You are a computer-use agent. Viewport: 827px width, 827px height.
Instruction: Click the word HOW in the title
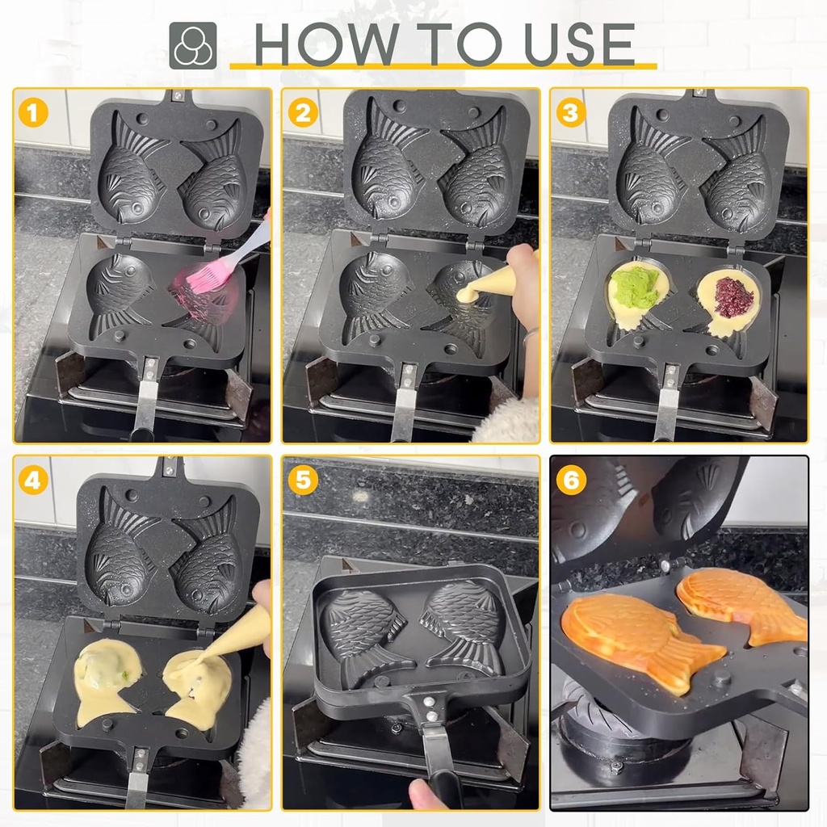pyautogui.click(x=326, y=44)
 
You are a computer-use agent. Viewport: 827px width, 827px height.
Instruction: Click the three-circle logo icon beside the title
pyautogui.click(x=192, y=45)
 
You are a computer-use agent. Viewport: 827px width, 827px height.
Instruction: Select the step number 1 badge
pyautogui.click(x=33, y=112)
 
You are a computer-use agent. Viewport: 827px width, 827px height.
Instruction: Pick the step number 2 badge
pyautogui.click(x=303, y=112)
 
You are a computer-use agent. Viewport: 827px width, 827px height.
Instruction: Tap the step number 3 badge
pyautogui.click(x=571, y=112)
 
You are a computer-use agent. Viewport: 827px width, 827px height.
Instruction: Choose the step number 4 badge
pyautogui.click(x=33, y=480)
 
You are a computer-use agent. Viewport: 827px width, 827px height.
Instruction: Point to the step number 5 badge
pyautogui.click(x=303, y=480)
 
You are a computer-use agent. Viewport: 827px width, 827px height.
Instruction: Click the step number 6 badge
pyautogui.click(x=571, y=480)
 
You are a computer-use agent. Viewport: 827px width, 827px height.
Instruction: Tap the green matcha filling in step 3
pyautogui.click(x=634, y=288)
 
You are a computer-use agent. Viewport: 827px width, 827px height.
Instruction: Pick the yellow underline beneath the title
pyautogui.click(x=443, y=66)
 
